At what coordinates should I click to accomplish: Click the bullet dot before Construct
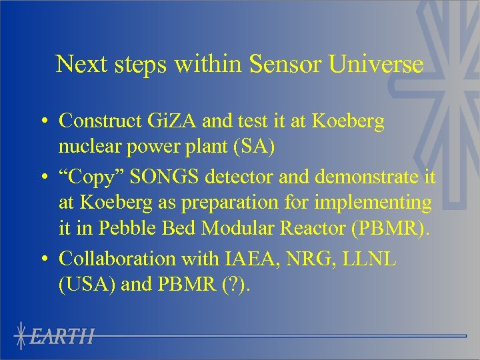[x=42, y=121]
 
